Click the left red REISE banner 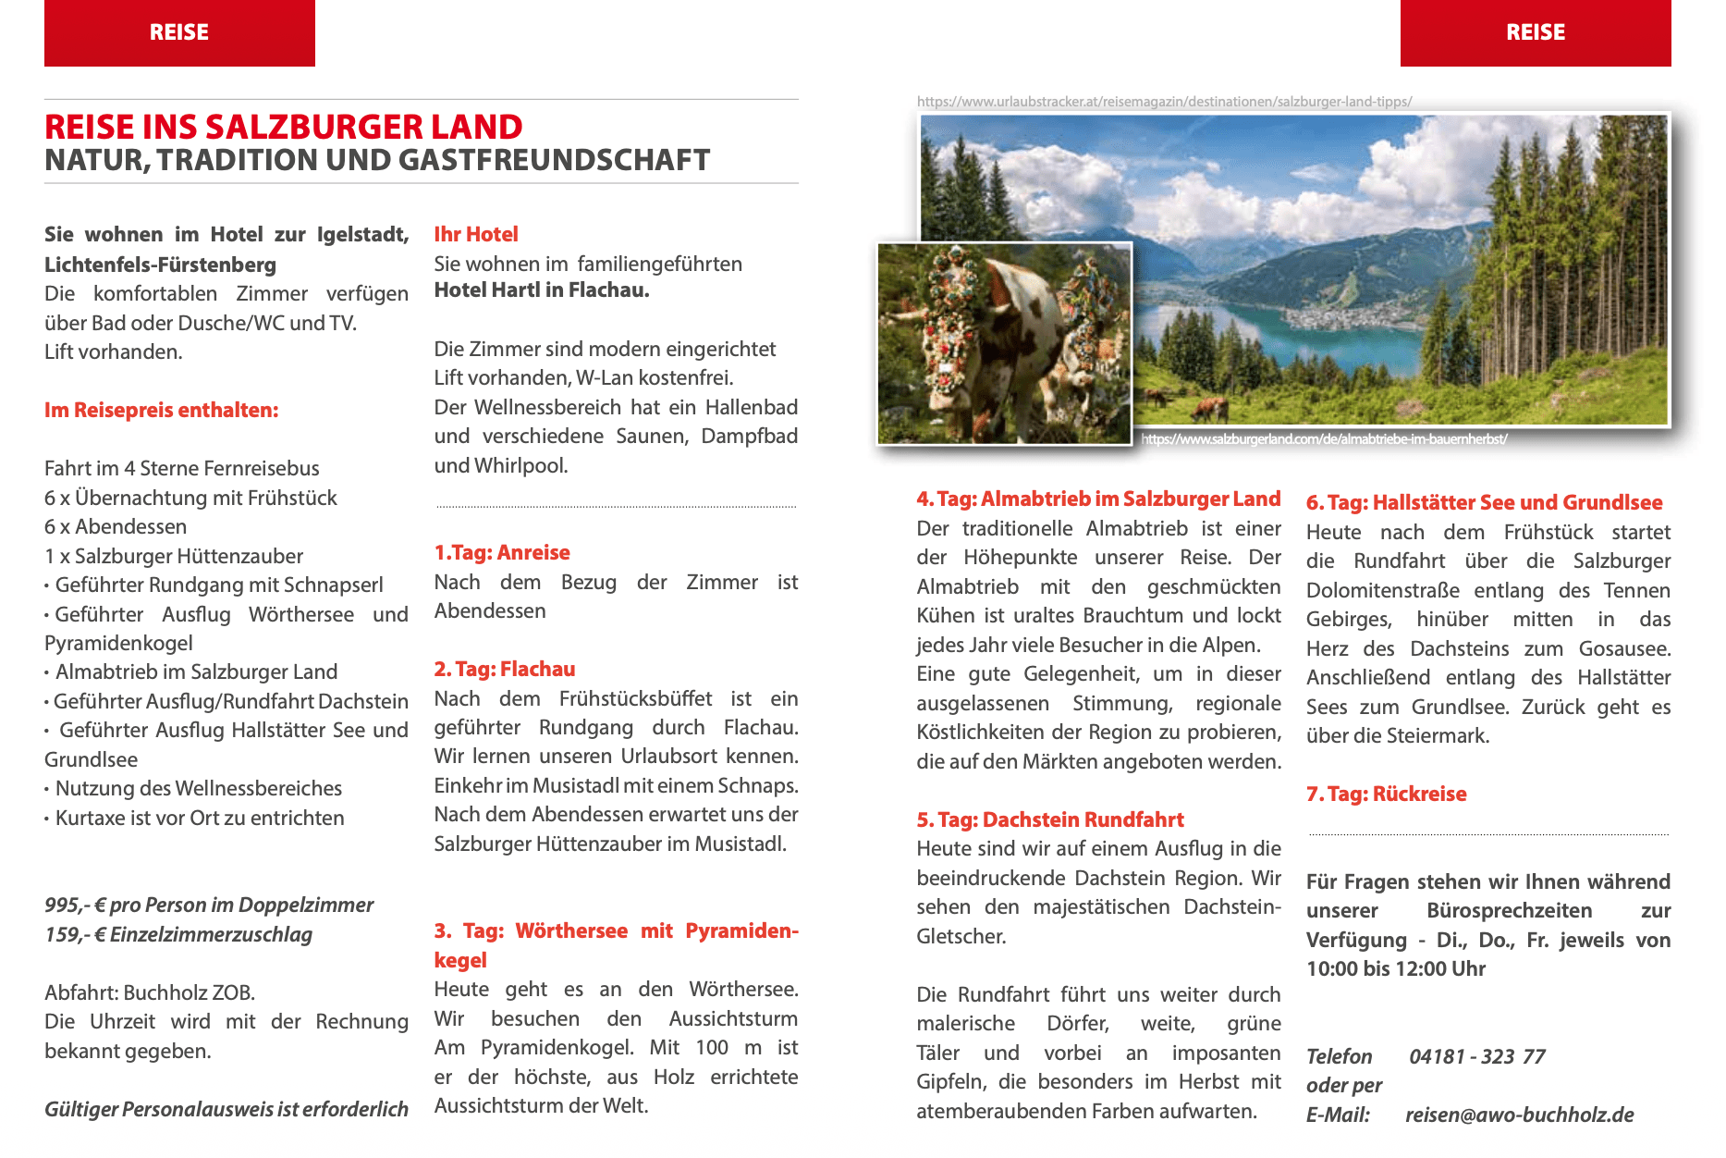click(x=179, y=32)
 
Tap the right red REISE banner click(x=1535, y=32)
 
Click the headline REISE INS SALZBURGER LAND click(x=284, y=127)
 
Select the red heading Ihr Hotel click(x=476, y=234)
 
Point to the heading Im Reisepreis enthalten click(x=161, y=410)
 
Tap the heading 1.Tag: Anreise click(x=502, y=552)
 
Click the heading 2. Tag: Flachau click(x=505, y=669)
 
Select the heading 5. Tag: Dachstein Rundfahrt click(x=1050, y=819)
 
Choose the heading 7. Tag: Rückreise click(x=1386, y=794)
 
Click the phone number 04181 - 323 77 click(x=1476, y=1056)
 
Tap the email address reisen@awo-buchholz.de click(x=1519, y=1115)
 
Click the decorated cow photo click(x=1004, y=343)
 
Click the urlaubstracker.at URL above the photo click(x=1164, y=102)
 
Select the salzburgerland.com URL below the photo click(x=1324, y=438)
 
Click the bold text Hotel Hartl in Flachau click(x=542, y=289)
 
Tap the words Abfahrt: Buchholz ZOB click(x=150, y=992)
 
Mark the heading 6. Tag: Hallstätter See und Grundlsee click(x=1484, y=502)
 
